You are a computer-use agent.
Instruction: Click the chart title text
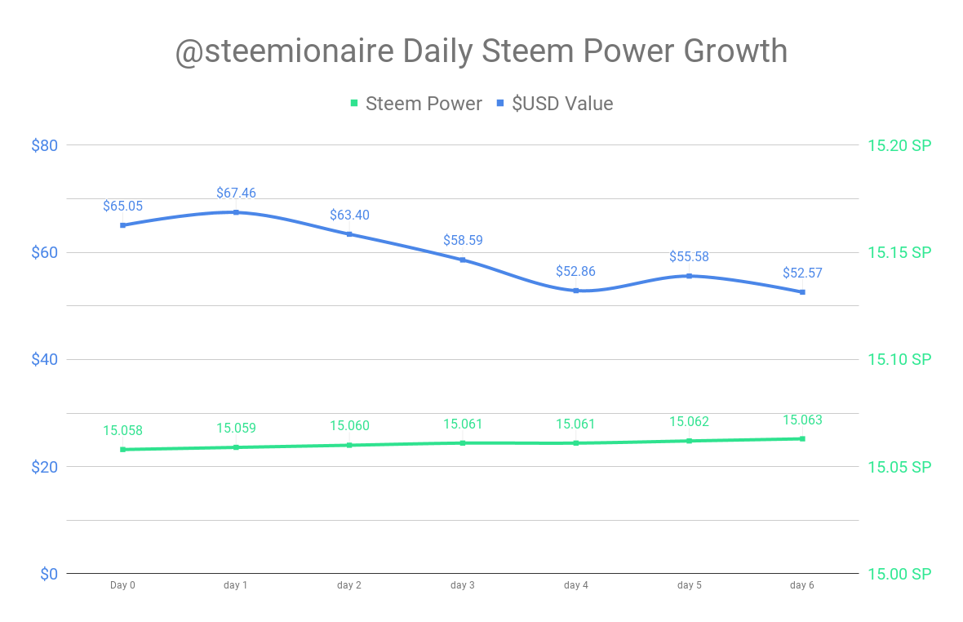point(481,51)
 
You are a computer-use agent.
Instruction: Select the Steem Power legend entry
point(415,104)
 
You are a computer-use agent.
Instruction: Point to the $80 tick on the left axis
point(44,145)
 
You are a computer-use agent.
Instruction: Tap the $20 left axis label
point(44,467)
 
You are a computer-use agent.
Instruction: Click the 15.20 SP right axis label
point(899,145)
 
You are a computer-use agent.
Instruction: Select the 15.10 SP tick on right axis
point(899,359)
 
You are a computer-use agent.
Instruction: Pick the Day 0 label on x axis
point(122,585)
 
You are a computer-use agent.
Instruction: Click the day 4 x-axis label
point(575,585)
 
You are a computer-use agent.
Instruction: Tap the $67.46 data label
point(236,193)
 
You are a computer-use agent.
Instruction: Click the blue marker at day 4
point(576,291)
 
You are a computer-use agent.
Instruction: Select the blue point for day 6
point(802,292)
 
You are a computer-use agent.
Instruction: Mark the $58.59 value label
point(463,241)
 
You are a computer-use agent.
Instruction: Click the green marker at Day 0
point(122,449)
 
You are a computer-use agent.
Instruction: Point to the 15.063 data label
point(802,420)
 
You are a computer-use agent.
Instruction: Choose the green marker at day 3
point(463,443)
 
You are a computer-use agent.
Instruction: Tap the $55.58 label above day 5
point(689,257)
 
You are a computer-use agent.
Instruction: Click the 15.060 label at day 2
point(349,426)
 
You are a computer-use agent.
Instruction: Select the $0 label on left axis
point(49,574)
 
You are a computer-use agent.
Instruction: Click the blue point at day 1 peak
point(236,212)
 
